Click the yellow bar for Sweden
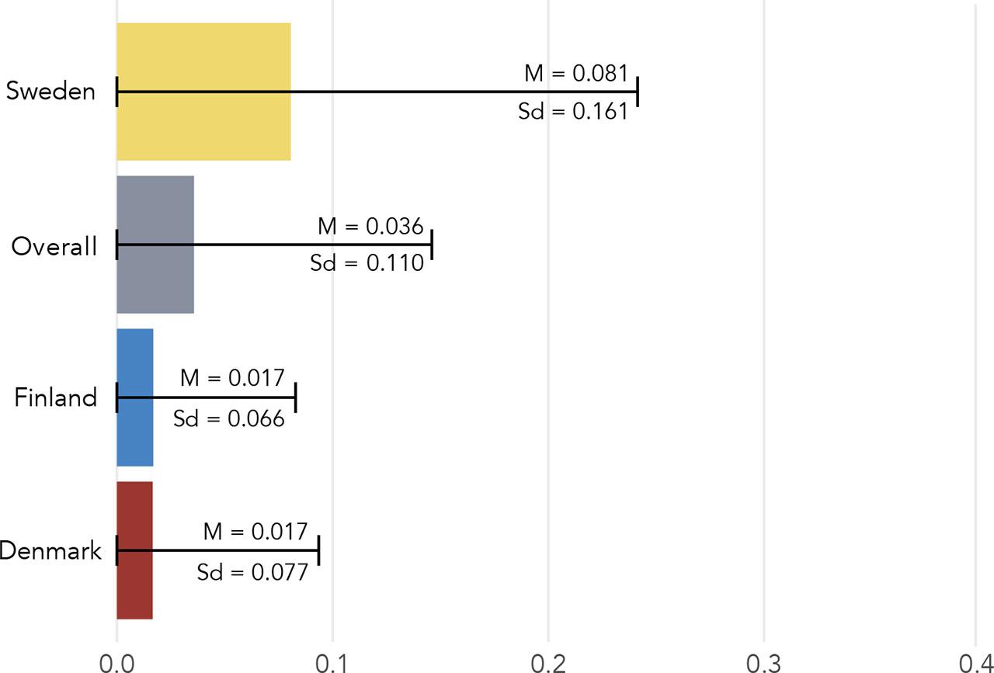click(x=203, y=92)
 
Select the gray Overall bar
click(x=155, y=245)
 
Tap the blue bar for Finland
click(x=135, y=397)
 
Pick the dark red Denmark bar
click(x=134, y=550)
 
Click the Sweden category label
click(x=50, y=91)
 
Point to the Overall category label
click(x=54, y=246)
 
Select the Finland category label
click(x=55, y=397)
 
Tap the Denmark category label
click(x=50, y=550)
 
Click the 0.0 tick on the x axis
click(x=116, y=663)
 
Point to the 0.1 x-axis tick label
click(x=332, y=663)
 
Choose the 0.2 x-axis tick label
click(x=548, y=663)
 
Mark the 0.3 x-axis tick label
click(x=763, y=663)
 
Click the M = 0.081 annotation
click(x=576, y=73)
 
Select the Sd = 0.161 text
click(x=573, y=111)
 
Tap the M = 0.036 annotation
click(x=370, y=226)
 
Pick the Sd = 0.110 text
click(x=367, y=262)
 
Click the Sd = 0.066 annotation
click(x=228, y=418)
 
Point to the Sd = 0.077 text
click(x=252, y=572)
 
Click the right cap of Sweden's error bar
click(x=638, y=92)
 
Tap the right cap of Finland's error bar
click(x=296, y=397)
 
